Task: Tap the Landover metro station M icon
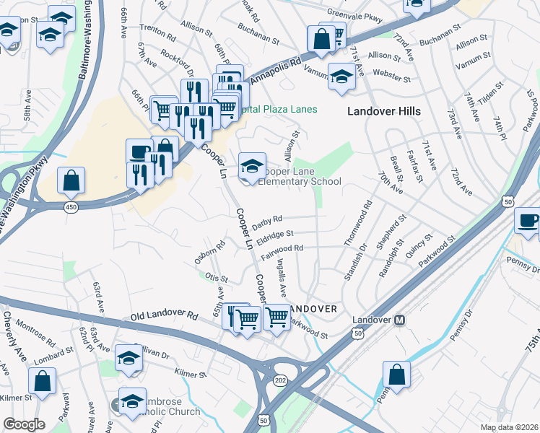pos(399,320)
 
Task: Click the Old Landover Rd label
pos(164,316)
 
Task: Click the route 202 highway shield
pos(281,380)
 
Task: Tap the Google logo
pos(24,424)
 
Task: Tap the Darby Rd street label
pos(267,220)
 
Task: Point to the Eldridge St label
pos(275,235)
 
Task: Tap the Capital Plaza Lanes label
pos(280,109)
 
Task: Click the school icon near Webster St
pos(341,76)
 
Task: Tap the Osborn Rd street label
pos(210,253)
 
